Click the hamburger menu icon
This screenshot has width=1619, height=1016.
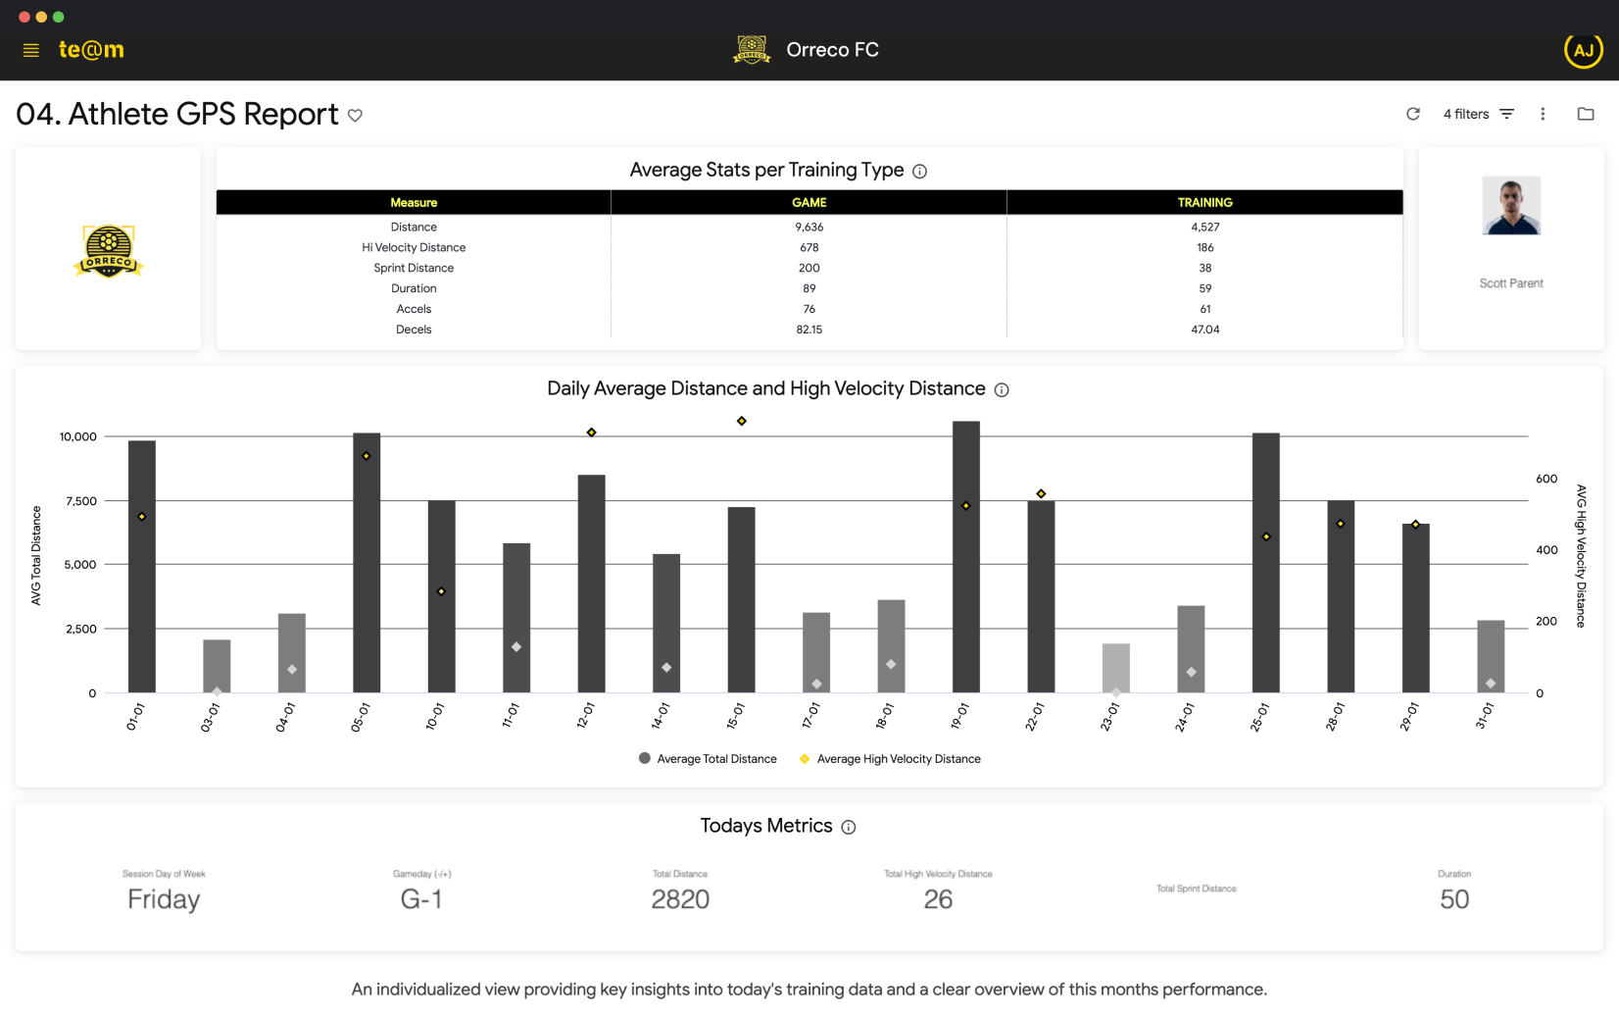[30, 50]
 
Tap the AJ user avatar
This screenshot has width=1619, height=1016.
[1583, 50]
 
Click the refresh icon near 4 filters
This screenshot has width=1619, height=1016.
[1412, 114]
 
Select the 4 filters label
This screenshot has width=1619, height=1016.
[1465, 114]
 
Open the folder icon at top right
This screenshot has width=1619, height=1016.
[1585, 114]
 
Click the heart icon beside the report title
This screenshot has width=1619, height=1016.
[355, 116]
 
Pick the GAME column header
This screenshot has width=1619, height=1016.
[809, 202]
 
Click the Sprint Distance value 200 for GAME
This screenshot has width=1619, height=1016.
[809, 268]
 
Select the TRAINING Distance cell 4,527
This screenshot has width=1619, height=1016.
[1204, 227]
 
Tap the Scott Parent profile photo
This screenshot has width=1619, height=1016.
[1510, 205]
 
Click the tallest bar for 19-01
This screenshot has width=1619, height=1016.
[965, 556]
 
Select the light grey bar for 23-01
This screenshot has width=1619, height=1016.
[1115, 668]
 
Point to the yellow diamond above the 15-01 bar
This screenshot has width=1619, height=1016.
[742, 421]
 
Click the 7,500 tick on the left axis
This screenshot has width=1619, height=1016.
[81, 501]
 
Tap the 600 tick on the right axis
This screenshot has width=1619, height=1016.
[1546, 479]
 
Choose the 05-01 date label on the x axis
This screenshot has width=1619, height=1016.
[360, 717]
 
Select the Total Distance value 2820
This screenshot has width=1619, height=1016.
[680, 899]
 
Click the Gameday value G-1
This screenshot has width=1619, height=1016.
[421, 899]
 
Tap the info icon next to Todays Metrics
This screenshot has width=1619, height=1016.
[849, 828]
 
